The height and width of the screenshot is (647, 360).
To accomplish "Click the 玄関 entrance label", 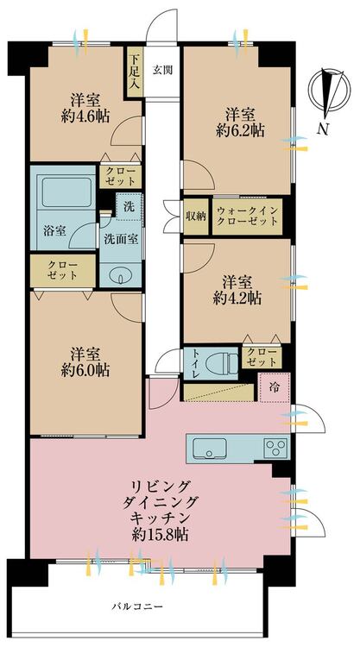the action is [162, 70].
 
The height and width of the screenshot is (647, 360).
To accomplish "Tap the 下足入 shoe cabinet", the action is [135, 72].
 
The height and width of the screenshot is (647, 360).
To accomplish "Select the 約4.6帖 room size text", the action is [85, 116].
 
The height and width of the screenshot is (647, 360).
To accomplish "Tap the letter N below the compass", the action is [323, 130].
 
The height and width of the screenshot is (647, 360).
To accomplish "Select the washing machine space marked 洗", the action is [129, 207].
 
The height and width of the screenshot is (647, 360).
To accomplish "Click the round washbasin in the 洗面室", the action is [121, 278].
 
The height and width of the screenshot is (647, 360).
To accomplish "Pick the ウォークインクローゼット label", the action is [247, 217].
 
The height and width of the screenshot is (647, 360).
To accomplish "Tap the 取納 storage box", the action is [196, 217].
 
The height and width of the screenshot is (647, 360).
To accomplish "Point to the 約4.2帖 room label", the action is [237, 298].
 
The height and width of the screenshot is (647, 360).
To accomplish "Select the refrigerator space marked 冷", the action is [275, 387].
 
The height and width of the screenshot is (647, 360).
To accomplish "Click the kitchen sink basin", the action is [210, 448].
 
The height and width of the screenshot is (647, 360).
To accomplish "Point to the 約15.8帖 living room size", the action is [161, 535].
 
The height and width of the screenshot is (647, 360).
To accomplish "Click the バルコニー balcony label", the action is [137, 606].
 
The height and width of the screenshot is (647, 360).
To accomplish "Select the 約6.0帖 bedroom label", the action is [85, 370].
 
